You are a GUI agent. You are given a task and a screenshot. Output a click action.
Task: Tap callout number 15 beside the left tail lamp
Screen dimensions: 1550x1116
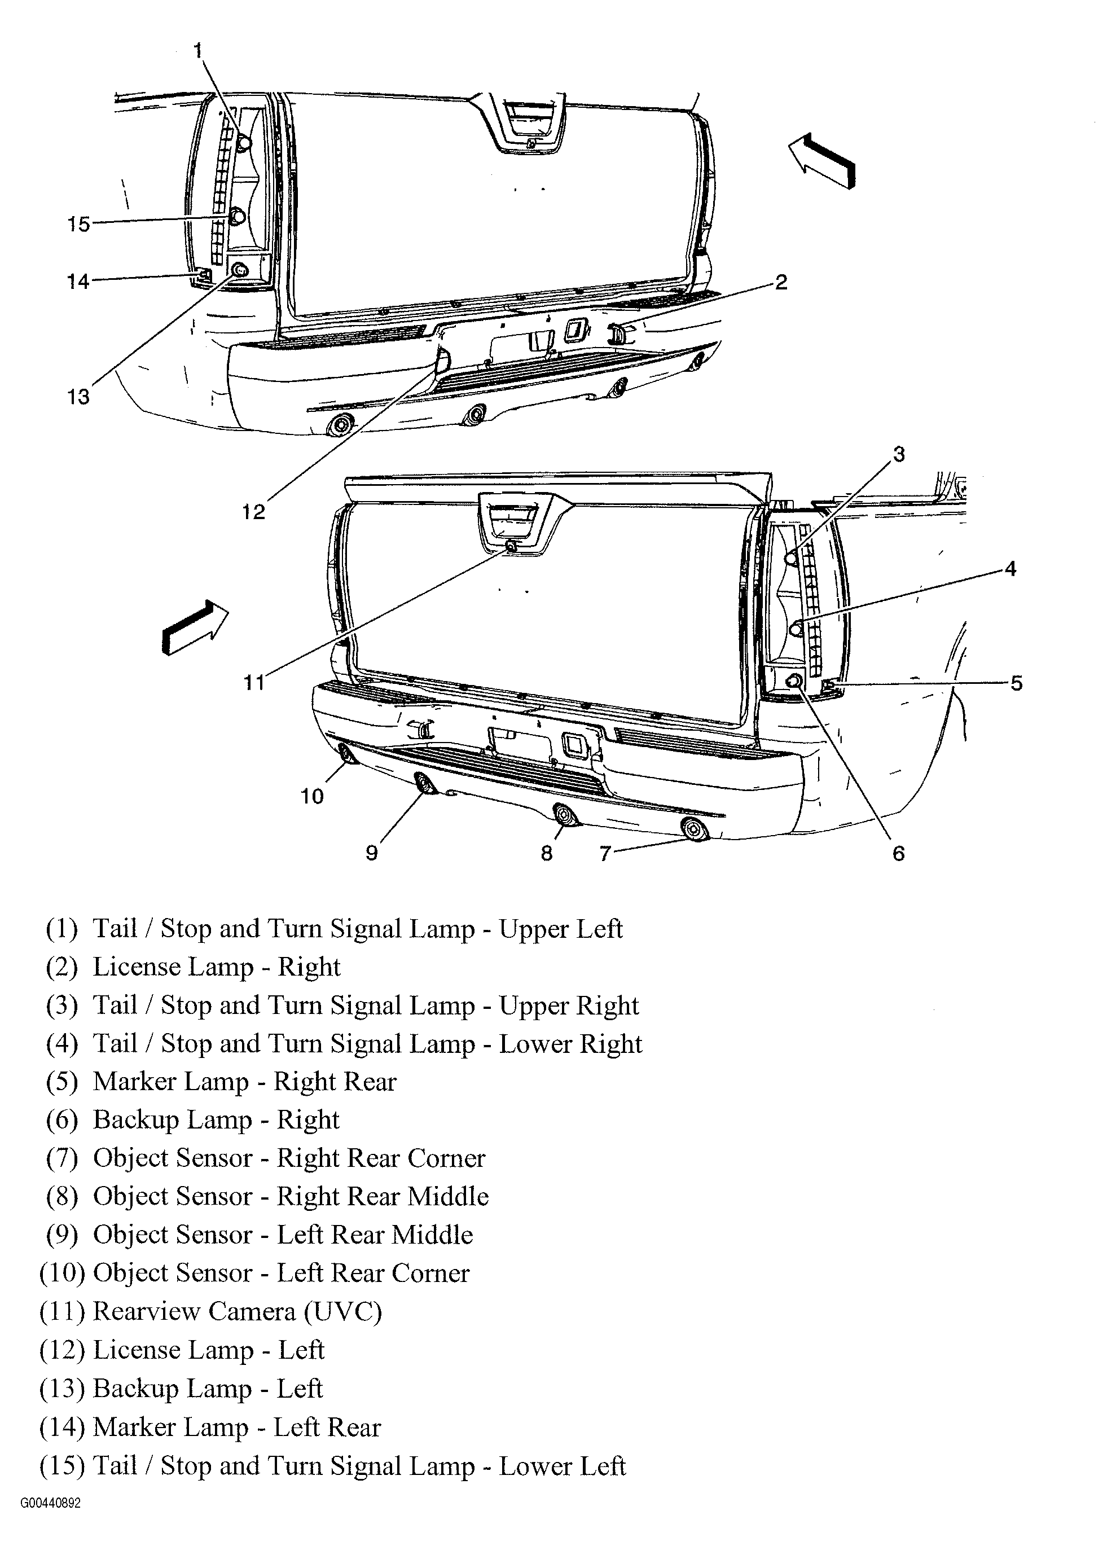pyautogui.click(x=78, y=223)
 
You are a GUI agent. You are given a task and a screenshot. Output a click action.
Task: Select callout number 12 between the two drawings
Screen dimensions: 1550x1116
pyautogui.click(x=253, y=511)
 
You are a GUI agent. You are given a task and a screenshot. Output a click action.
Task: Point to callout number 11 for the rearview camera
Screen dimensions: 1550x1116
pyautogui.click(x=254, y=682)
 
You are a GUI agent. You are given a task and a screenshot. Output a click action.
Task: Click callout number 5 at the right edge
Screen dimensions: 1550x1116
pyautogui.click(x=1016, y=683)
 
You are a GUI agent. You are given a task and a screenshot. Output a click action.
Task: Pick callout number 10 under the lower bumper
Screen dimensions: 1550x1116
pyautogui.click(x=313, y=796)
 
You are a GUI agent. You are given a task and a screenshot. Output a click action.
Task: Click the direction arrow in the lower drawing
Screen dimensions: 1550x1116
pyautogui.click(x=195, y=627)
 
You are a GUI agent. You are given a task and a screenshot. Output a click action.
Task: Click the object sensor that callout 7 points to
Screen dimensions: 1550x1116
pyautogui.click(x=695, y=829)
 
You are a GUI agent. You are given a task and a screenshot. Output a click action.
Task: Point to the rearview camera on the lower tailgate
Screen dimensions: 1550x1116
pyautogui.click(x=511, y=544)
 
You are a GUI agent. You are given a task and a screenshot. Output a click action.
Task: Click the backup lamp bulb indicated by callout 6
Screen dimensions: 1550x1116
pyautogui.click(x=794, y=680)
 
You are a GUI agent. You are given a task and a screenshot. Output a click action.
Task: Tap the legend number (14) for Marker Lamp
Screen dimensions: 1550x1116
pyautogui.click(x=62, y=1426)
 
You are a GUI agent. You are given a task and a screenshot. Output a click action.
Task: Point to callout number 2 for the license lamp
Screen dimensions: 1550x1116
pyautogui.click(x=781, y=282)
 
